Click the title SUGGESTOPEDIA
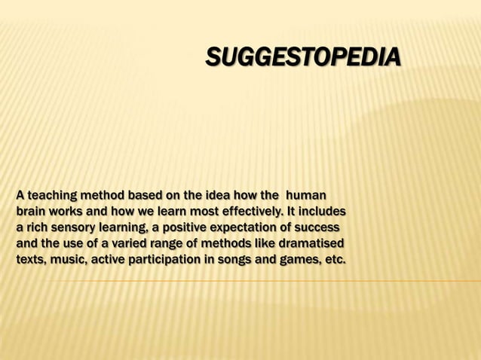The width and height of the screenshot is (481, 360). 303,57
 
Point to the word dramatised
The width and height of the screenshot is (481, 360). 308,243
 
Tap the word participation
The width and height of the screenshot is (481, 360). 167,260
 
